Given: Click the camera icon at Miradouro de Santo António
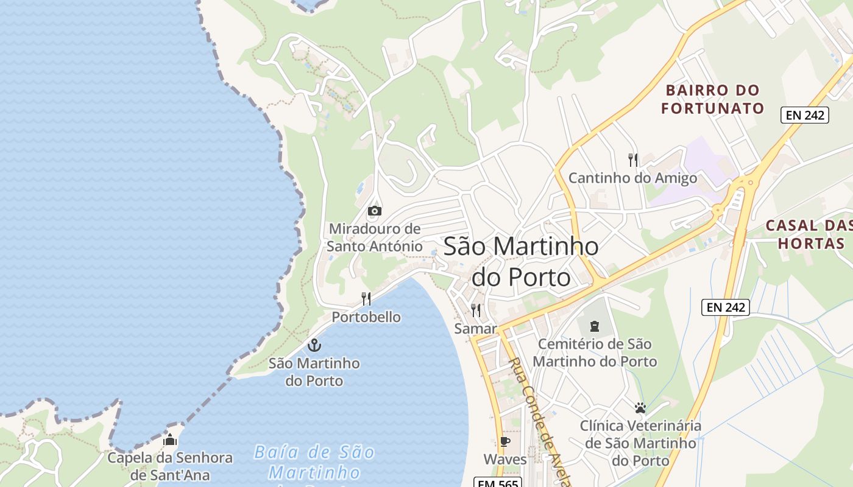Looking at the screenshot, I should [x=374, y=211].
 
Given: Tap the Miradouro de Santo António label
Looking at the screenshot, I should [x=374, y=237].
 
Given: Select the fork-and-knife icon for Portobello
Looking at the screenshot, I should [x=366, y=298].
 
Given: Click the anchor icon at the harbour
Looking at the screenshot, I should [x=314, y=346].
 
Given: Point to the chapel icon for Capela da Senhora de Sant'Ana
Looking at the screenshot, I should [x=170, y=440].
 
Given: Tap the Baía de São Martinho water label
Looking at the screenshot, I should [x=314, y=462].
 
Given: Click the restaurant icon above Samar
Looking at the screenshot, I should [x=476, y=310].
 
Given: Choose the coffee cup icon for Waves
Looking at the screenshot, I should [x=504, y=441].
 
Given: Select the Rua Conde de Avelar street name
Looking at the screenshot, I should [x=539, y=420].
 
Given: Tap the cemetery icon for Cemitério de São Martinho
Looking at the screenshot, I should [x=595, y=326].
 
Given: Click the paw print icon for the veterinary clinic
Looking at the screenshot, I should [x=640, y=408].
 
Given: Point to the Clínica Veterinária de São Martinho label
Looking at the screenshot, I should [x=640, y=443].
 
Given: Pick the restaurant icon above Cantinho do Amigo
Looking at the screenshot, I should [x=633, y=160].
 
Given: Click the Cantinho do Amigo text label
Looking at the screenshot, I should [x=632, y=178].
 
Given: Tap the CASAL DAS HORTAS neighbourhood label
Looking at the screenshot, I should [x=808, y=234].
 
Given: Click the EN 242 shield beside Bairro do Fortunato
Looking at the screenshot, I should [x=805, y=115].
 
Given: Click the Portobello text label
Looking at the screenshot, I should [x=366, y=317].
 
